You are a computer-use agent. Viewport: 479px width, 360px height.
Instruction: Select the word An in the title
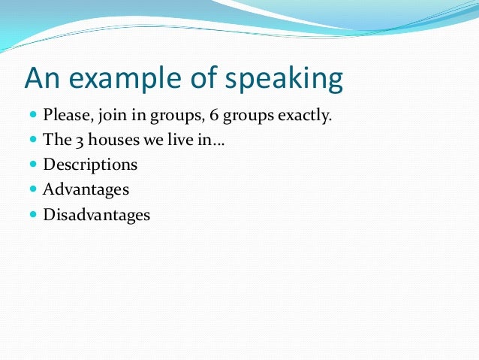(42, 77)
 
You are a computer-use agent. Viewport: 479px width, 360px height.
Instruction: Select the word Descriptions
(90, 165)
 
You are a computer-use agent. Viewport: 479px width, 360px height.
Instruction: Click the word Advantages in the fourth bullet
(86, 190)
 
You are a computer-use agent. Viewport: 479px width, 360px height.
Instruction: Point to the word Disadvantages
(96, 215)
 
